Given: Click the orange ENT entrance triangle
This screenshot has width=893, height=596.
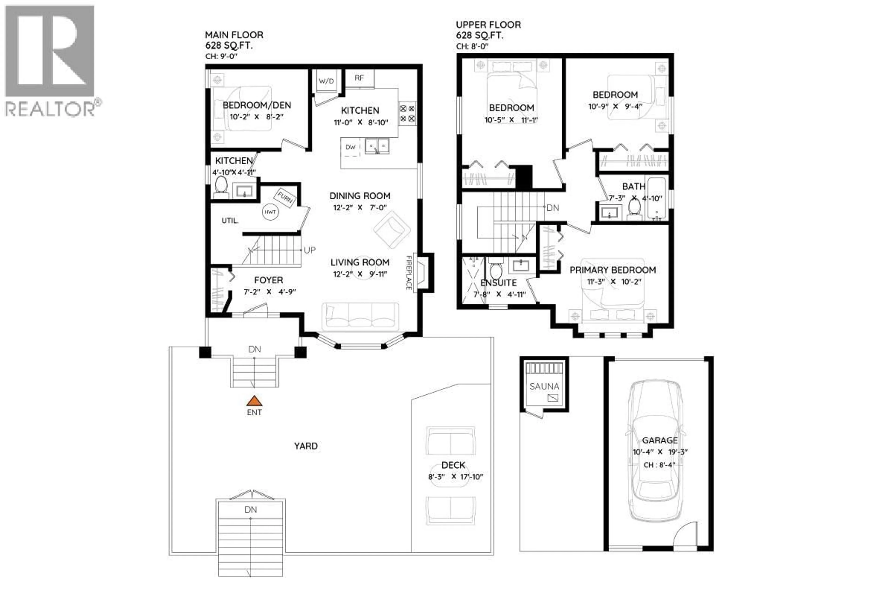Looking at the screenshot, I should tap(254, 401).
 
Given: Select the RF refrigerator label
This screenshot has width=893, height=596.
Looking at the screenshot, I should tap(359, 78).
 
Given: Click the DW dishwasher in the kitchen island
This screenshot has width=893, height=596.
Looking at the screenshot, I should tap(350, 147).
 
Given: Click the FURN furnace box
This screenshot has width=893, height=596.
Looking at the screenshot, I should tap(285, 198).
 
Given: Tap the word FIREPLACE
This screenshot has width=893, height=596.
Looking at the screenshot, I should tap(409, 273).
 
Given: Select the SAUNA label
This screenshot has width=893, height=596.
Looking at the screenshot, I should tap(544, 386).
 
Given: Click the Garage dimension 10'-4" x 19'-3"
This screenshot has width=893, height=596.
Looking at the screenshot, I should tap(660, 452).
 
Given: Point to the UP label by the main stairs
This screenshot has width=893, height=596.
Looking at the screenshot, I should tap(310, 250).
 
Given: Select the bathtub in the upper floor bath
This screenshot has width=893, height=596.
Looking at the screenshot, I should tap(657, 198).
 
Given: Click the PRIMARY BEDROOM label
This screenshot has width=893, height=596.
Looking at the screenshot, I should tap(612, 270).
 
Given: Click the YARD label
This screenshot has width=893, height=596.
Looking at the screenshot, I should tap(306, 446).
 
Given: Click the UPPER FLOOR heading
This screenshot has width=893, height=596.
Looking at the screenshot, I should tap(488, 25).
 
